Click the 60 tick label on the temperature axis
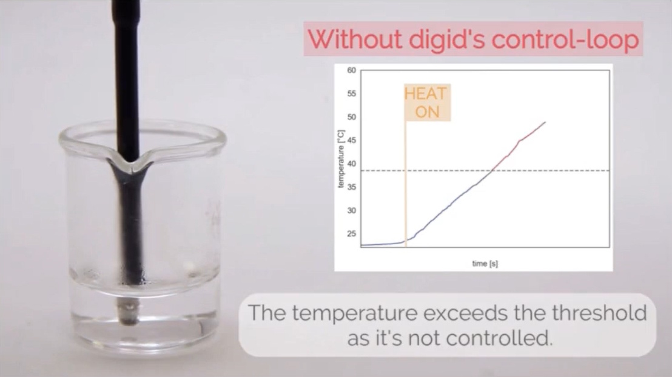[351, 70]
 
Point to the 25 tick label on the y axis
[351, 234]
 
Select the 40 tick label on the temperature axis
[351, 164]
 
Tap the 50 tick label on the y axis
[351, 117]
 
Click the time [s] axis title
[485, 264]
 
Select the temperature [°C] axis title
[341, 159]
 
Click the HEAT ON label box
[428, 102]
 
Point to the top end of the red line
[545, 122]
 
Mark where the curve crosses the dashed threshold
[492, 170]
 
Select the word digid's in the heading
[446, 40]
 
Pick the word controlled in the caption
[499, 338]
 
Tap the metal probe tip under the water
[129, 312]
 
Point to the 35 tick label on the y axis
[351, 187]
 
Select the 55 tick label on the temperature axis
[351, 93]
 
